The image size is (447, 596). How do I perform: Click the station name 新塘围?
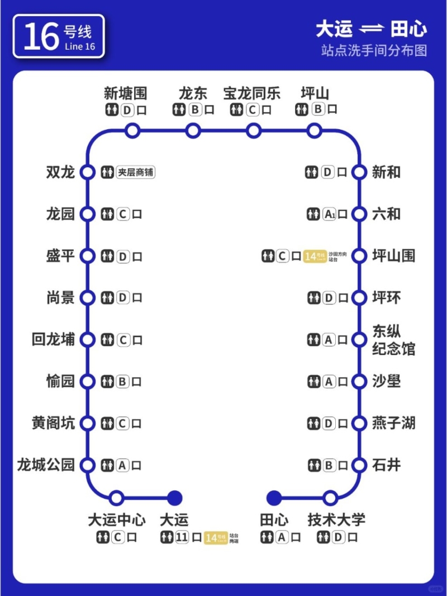point(126,93)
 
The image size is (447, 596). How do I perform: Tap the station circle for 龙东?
point(193,131)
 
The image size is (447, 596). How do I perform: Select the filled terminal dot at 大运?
point(175,498)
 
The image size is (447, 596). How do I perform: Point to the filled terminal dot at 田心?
point(274,498)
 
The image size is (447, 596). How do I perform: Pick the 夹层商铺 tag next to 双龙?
point(136,172)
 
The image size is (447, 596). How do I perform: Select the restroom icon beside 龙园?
point(107,214)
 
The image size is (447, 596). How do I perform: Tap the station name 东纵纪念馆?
point(393,340)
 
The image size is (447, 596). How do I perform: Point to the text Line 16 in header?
point(80,46)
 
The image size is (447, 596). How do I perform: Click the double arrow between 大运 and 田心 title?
point(369,29)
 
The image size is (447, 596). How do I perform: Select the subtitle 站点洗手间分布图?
point(374,50)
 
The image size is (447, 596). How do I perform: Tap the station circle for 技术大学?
point(330,498)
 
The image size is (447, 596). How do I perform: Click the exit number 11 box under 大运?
point(182,538)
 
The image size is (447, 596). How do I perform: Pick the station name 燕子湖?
point(393,423)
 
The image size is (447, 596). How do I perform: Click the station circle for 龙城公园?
point(87,465)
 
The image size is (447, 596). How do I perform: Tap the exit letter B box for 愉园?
point(123,382)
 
